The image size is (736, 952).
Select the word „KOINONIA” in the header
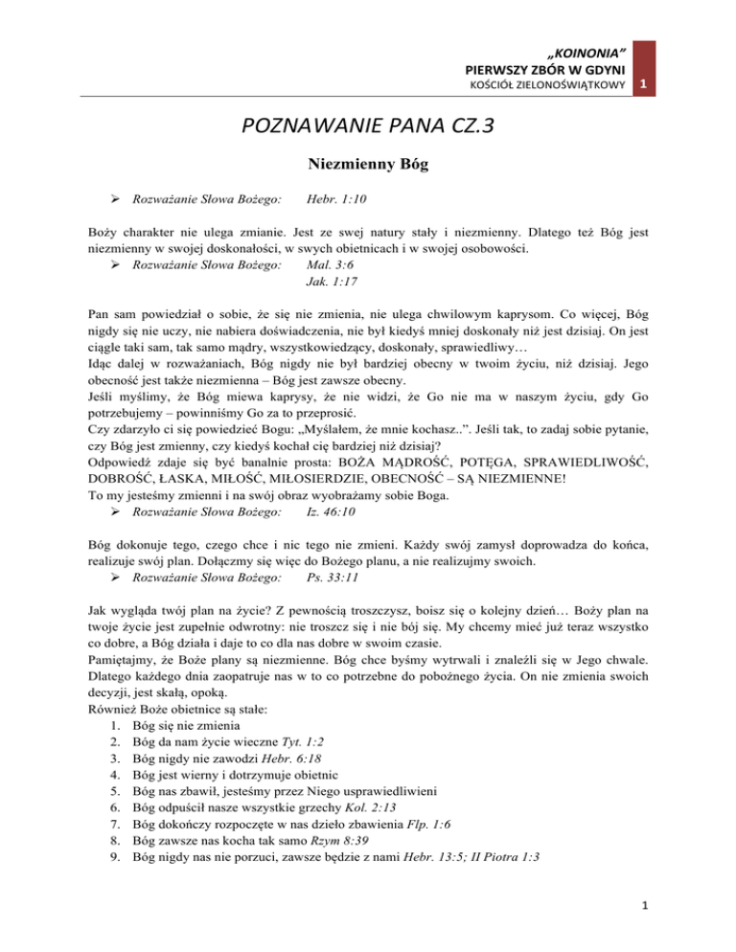point(587,49)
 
